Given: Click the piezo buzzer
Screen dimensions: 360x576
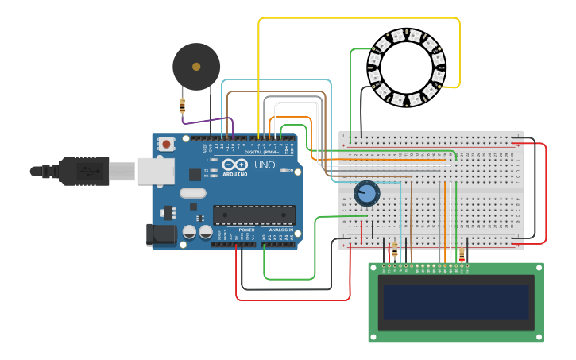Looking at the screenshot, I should [196, 67].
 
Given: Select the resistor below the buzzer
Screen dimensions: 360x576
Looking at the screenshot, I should [183, 105].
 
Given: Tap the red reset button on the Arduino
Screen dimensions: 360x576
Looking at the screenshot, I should [167, 144].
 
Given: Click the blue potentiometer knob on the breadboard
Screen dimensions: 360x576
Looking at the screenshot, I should [366, 193].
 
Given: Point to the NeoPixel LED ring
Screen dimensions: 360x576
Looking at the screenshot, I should [406, 68].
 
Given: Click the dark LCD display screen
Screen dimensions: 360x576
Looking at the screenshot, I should [456, 302].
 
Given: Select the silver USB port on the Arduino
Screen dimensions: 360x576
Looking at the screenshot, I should [155, 171].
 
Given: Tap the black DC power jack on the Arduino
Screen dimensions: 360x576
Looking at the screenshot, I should [160, 235].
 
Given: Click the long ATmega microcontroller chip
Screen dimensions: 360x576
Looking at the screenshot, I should [253, 215].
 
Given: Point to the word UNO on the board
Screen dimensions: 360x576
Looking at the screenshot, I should [265, 165].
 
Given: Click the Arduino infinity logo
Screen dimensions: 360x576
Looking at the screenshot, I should [234, 165].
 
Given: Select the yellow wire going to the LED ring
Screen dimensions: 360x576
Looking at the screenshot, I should [358, 17].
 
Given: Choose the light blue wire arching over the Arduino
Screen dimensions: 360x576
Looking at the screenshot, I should [278, 80].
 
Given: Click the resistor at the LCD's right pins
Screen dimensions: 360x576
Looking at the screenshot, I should [462, 254].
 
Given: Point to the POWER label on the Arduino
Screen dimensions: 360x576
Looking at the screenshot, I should [246, 230].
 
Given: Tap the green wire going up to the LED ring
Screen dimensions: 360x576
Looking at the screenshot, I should [351, 87].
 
